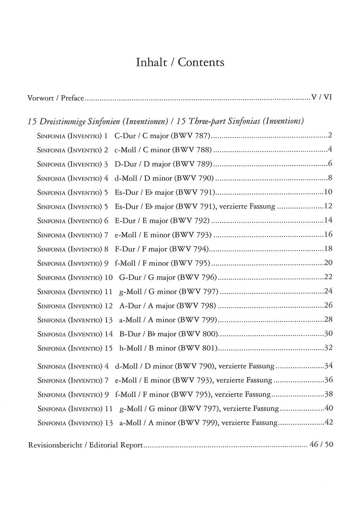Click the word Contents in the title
201,62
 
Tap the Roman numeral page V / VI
322,97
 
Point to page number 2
330,136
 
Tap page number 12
328,206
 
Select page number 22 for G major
328,277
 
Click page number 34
328,366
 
